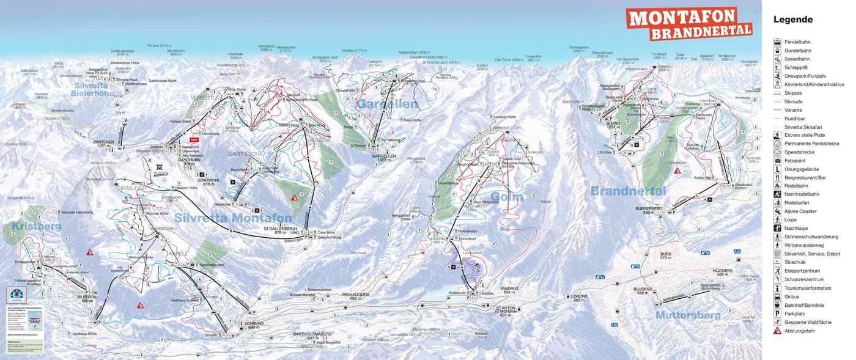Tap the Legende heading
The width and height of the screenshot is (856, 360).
coord(793,20)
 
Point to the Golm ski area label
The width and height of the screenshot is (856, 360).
coord(507,196)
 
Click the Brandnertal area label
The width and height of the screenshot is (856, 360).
coord(627,191)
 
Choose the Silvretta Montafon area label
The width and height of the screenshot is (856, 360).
coord(233,218)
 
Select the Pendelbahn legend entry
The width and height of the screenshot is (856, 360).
coord(797,42)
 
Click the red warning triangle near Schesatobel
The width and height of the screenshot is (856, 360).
coord(677,172)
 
